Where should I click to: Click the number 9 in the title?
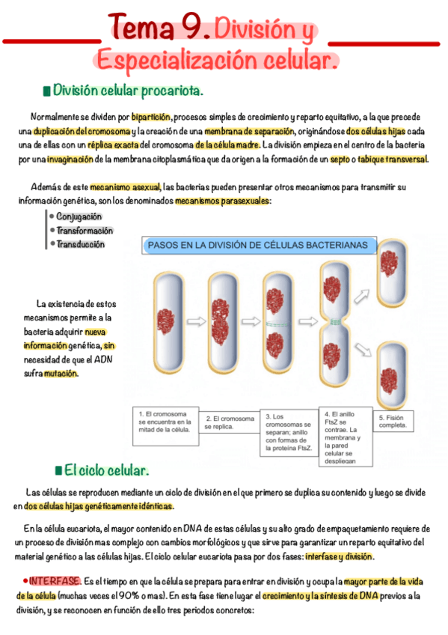coord(191,28)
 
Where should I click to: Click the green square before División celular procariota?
coord(46,91)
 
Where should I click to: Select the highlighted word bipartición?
coord(152,118)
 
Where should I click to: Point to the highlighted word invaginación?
coord(70,159)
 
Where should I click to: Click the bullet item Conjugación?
coord(79,216)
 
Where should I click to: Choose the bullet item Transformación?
coord(85,231)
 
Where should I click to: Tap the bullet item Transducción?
coord(80,244)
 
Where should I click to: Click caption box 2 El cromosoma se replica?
coord(230,422)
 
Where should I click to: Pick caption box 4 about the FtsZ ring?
coord(344,437)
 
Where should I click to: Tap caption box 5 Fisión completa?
coord(393,421)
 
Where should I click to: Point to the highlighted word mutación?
coord(61,373)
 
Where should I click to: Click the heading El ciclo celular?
coord(106,470)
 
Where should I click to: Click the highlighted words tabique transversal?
coord(393,159)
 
